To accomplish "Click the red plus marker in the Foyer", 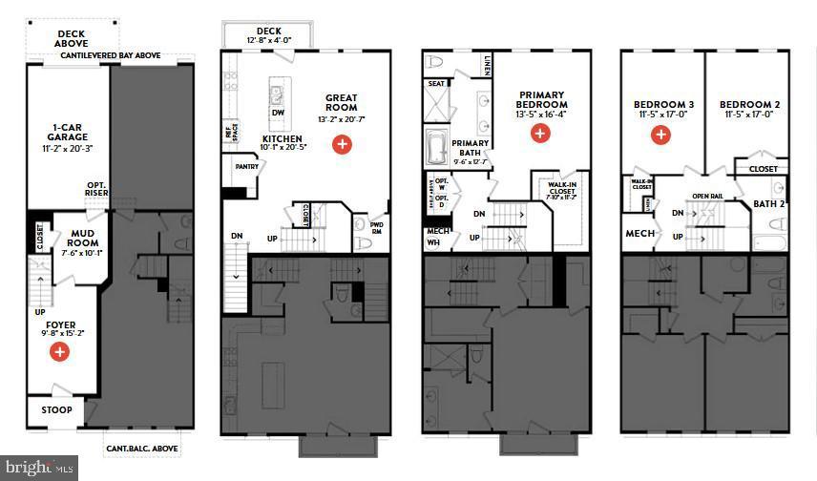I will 59,352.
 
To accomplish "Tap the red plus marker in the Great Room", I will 341,144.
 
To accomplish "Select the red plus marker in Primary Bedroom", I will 540,134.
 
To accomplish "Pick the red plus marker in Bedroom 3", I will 660,135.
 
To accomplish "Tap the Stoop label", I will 56,410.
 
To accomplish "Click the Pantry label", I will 246,167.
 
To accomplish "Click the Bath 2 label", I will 767,203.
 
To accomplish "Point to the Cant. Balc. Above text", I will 142,448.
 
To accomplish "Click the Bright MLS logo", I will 38,468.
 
